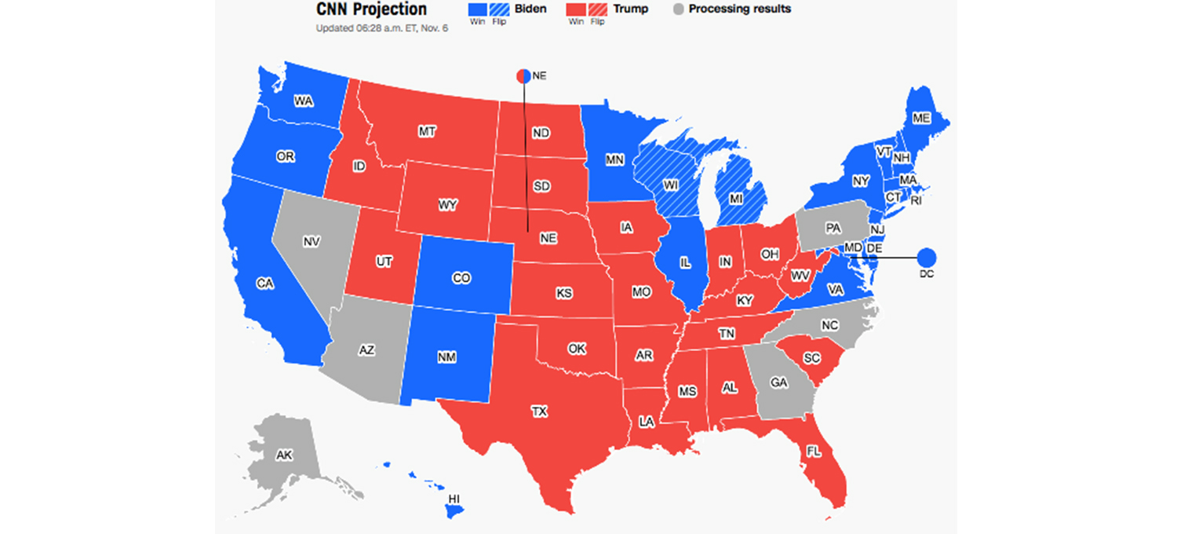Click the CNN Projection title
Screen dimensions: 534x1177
click(x=371, y=9)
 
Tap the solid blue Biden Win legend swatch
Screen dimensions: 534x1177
click(x=477, y=9)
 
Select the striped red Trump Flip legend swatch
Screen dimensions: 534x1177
click(x=598, y=9)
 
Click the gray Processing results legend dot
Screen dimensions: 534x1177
click(x=678, y=9)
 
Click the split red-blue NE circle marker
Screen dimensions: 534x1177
click(x=523, y=76)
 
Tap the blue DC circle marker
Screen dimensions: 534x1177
click(x=927, y=257)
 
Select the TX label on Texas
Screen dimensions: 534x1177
click(x=539, y=411)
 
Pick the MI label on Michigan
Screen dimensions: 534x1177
click(x=735, y=199)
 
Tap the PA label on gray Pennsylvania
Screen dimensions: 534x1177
click(x=833, y=229)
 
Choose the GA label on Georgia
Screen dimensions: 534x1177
click(x=778, y=382)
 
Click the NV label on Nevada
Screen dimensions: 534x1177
click(x=311, y=241)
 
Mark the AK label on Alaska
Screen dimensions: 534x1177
click(x=284, y=455)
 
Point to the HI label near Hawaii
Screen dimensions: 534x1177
click(x=454, y=499)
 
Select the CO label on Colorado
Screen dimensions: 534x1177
click(x=461, y=278)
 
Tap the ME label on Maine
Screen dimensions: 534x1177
click(x=921, y=118)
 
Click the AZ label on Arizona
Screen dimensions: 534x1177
click(x=366, y=350)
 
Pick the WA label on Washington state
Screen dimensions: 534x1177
click(x=303, y=101)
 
